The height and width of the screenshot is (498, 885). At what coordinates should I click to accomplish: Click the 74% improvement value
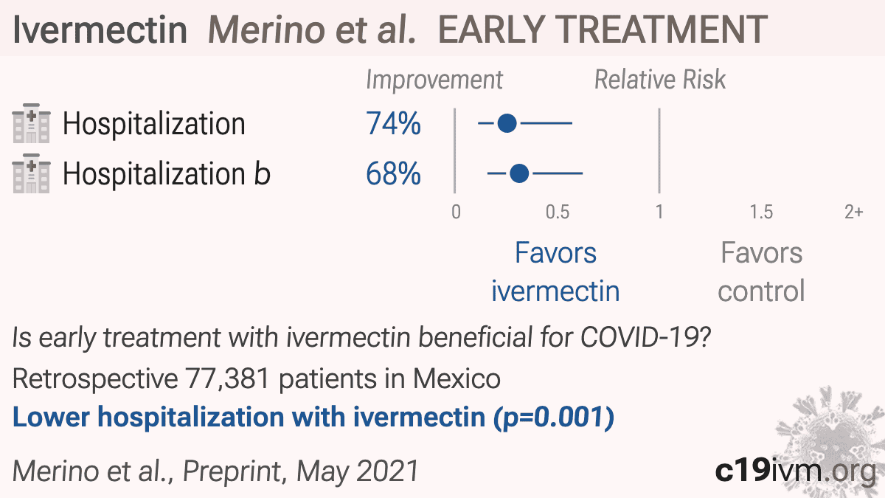[x=393, y=124]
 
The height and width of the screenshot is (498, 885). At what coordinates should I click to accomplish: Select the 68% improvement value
[x=393, y=173]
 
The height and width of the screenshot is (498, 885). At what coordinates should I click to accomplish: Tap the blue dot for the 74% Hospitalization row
[x=507, y=123]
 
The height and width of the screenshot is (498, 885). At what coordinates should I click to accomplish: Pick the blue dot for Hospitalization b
[x=519, y=173]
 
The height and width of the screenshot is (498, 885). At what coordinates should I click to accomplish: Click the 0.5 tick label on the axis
[x=558, y=212]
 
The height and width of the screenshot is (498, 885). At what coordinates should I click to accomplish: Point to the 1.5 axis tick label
[x=761, y=212]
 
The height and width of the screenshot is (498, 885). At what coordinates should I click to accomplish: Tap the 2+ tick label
[x=854, y=212]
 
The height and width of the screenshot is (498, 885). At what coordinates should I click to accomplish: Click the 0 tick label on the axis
[x=456, y=212]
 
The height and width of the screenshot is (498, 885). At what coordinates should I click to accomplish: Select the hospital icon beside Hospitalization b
[x=31, y=173]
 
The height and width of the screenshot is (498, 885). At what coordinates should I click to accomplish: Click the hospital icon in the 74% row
[x=31, y=123]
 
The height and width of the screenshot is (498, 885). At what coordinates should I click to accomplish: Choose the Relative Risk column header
[x=660, y=80]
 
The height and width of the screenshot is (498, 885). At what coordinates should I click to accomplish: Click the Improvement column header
[x=434, y=80]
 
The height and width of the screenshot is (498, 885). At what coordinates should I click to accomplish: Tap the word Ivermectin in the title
[x=100, y=30]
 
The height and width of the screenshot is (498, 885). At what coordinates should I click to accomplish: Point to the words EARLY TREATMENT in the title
[x=603, y=30]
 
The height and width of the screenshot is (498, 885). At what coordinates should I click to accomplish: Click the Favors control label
[x=761, y=272]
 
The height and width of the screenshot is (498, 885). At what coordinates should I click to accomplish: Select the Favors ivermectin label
[x=555, y=272]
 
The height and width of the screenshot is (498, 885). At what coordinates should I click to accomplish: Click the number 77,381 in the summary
[x=227, y=379]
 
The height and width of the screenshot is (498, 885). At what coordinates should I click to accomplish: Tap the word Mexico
[x=457, y=378]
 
